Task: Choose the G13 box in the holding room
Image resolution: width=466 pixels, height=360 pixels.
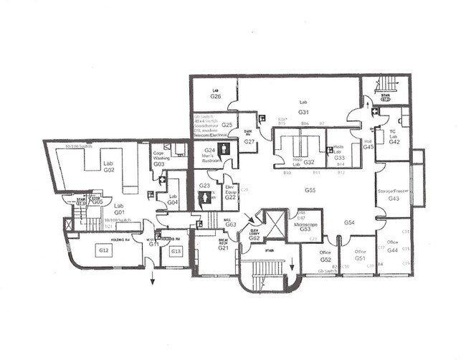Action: coord(176,251)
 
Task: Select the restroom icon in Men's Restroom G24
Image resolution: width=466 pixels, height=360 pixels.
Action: coord(226,149)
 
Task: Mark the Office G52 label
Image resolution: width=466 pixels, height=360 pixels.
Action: coord(325,257)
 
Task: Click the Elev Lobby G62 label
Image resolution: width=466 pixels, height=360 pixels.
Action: coord(254,235)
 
